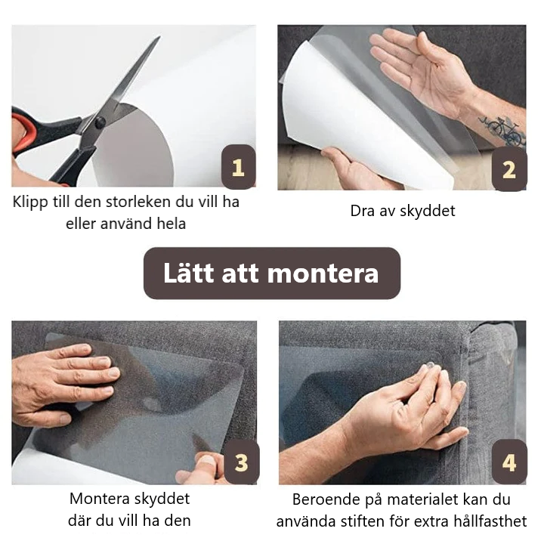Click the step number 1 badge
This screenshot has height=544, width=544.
pos(238,167)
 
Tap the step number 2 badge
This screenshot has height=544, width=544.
pos(509,169)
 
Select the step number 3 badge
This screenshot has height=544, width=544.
pos(242,462)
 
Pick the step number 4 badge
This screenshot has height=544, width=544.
pos(509,462)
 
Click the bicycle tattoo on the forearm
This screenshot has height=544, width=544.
pos(502,130)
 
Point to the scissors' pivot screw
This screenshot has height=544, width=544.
pos(100,122)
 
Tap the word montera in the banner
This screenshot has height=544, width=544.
pos(323,274)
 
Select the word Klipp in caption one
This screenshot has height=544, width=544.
pos(30,202)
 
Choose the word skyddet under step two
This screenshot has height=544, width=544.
pos(429,212)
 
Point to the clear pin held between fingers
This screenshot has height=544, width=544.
pos(430,366)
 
